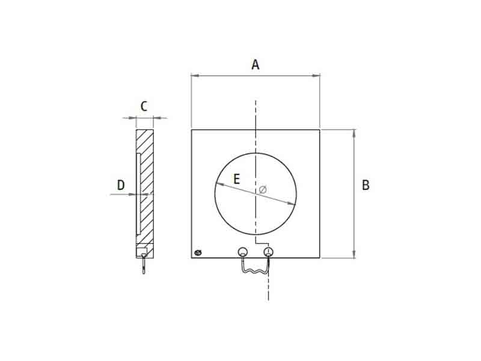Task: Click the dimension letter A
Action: [x=256, y=65]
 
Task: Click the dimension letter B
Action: [x=366, y=185]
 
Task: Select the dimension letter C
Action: [x=144, y=106]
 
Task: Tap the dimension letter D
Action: [x=121, y=185]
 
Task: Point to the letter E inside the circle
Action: [x=236, y=179]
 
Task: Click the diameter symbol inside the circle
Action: [x=263, y=190]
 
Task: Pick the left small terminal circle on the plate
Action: [x=242, y=251]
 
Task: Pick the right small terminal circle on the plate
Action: [x=268, y=251]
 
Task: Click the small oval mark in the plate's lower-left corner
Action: [x=198, y=253]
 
